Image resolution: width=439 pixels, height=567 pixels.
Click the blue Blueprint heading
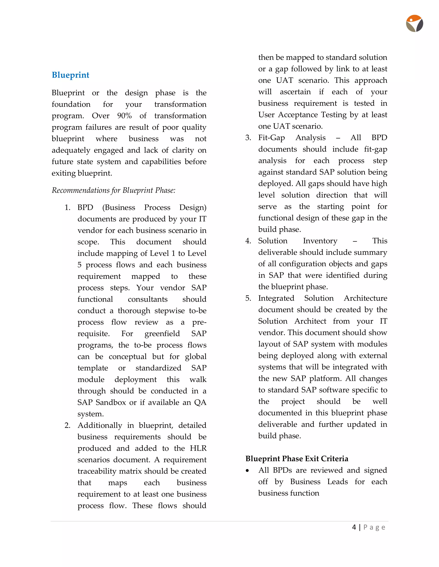click(71, 75)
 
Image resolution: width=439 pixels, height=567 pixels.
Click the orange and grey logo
click(414, 24)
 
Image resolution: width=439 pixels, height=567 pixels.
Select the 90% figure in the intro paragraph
click(124, 116)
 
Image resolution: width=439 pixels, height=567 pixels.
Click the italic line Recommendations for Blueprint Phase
click(113, 190)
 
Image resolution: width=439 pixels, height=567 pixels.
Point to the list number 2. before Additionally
click(67, 426)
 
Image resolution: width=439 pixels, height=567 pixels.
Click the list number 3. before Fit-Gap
click(248, 138)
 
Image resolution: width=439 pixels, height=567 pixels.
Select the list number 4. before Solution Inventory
click(248, 241)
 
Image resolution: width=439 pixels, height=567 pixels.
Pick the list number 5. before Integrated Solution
click(248, 298)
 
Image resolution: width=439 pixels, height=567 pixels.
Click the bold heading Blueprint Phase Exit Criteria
click(297, 459)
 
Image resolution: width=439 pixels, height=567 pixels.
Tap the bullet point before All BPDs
click(247, 471)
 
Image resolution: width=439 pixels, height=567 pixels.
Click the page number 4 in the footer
click(354, 527)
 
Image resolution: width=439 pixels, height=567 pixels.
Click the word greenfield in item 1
click(162, 334)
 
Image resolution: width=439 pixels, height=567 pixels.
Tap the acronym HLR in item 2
click(198, 448)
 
